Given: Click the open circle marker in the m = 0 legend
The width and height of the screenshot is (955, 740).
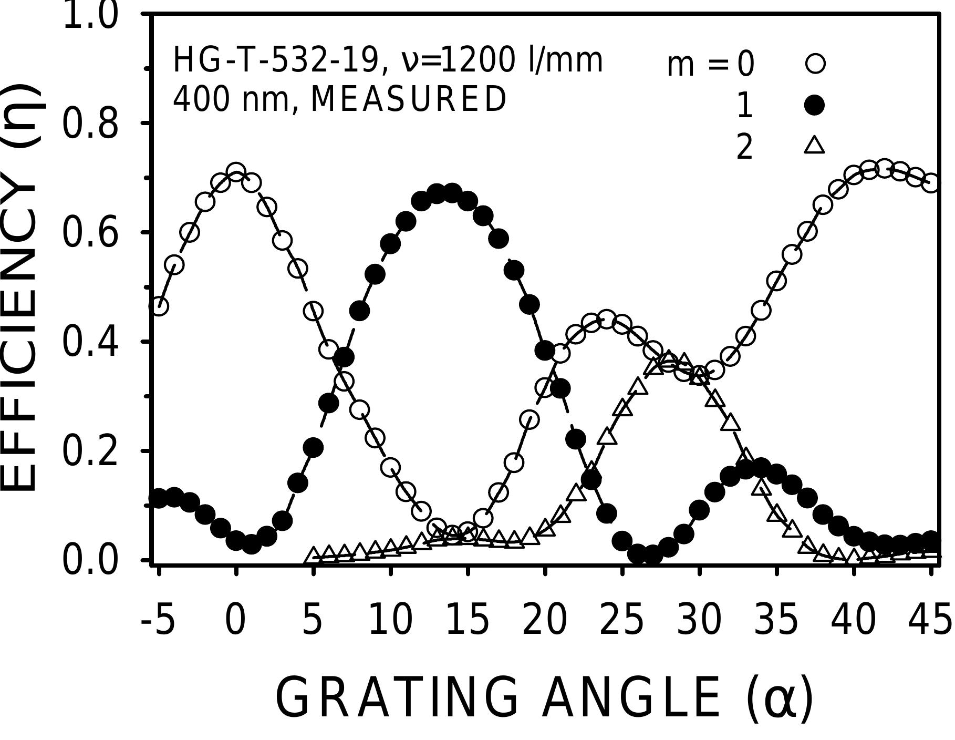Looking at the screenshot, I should (x=815, y=64).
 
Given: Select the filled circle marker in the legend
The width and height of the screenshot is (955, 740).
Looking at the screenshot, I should (x=815, y=106).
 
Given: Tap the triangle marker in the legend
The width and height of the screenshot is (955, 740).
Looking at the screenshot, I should (x=815, y=145).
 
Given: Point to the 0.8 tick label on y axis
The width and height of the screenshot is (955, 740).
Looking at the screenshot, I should (x=90, y=124).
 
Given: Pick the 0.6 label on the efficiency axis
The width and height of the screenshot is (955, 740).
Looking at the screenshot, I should (x=90, y=233).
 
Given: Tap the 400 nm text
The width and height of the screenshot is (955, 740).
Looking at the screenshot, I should (x=231, y=99).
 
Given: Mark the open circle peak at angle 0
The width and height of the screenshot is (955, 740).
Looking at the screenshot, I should (x=236, y=172).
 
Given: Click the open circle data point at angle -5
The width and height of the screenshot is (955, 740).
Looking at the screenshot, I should (x=159, y=306).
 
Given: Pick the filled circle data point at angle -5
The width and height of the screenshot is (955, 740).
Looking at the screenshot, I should (x=159, y=497).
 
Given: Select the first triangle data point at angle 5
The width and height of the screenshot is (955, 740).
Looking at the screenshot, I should (x=314, y=555).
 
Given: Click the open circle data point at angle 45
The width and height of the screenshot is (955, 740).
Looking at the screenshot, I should (x=931, y=184).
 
